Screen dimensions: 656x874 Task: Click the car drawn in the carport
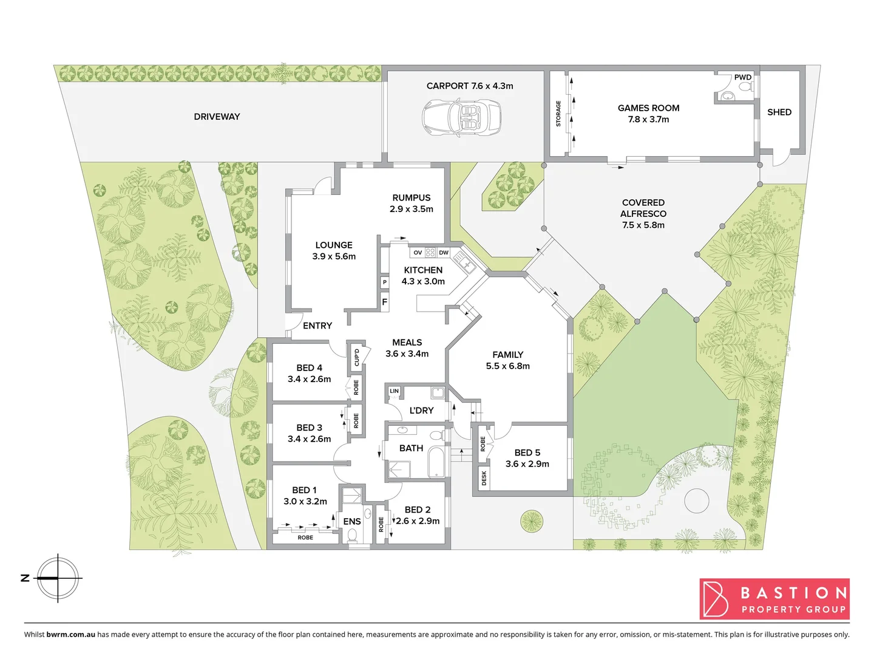click(461, 118)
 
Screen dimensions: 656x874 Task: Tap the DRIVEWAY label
click(217, 117)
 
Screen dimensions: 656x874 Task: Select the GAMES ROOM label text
click(648, 108)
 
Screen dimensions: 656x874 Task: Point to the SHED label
click(779, 112)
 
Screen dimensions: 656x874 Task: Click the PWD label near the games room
click(743, 77)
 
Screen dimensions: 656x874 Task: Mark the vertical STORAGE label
click(558, 114)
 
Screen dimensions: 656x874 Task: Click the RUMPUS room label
click(411, 198)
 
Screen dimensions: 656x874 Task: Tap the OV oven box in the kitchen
click(418, 252)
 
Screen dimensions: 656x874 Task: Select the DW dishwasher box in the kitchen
click(444, 252)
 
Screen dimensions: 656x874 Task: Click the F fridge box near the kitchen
click(384, 302)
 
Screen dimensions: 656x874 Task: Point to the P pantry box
click(384, 282)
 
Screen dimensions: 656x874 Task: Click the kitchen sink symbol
click(467, 265)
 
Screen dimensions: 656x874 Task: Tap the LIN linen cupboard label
click(395, 391)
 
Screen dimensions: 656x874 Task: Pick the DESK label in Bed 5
click(484, 479)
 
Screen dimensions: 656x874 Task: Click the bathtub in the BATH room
click(437, 463)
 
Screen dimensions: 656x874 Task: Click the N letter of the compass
click(25, 578)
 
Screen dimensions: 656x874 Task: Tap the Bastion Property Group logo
click(774, 599)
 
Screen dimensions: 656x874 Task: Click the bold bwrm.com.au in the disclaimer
click(70, 635)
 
